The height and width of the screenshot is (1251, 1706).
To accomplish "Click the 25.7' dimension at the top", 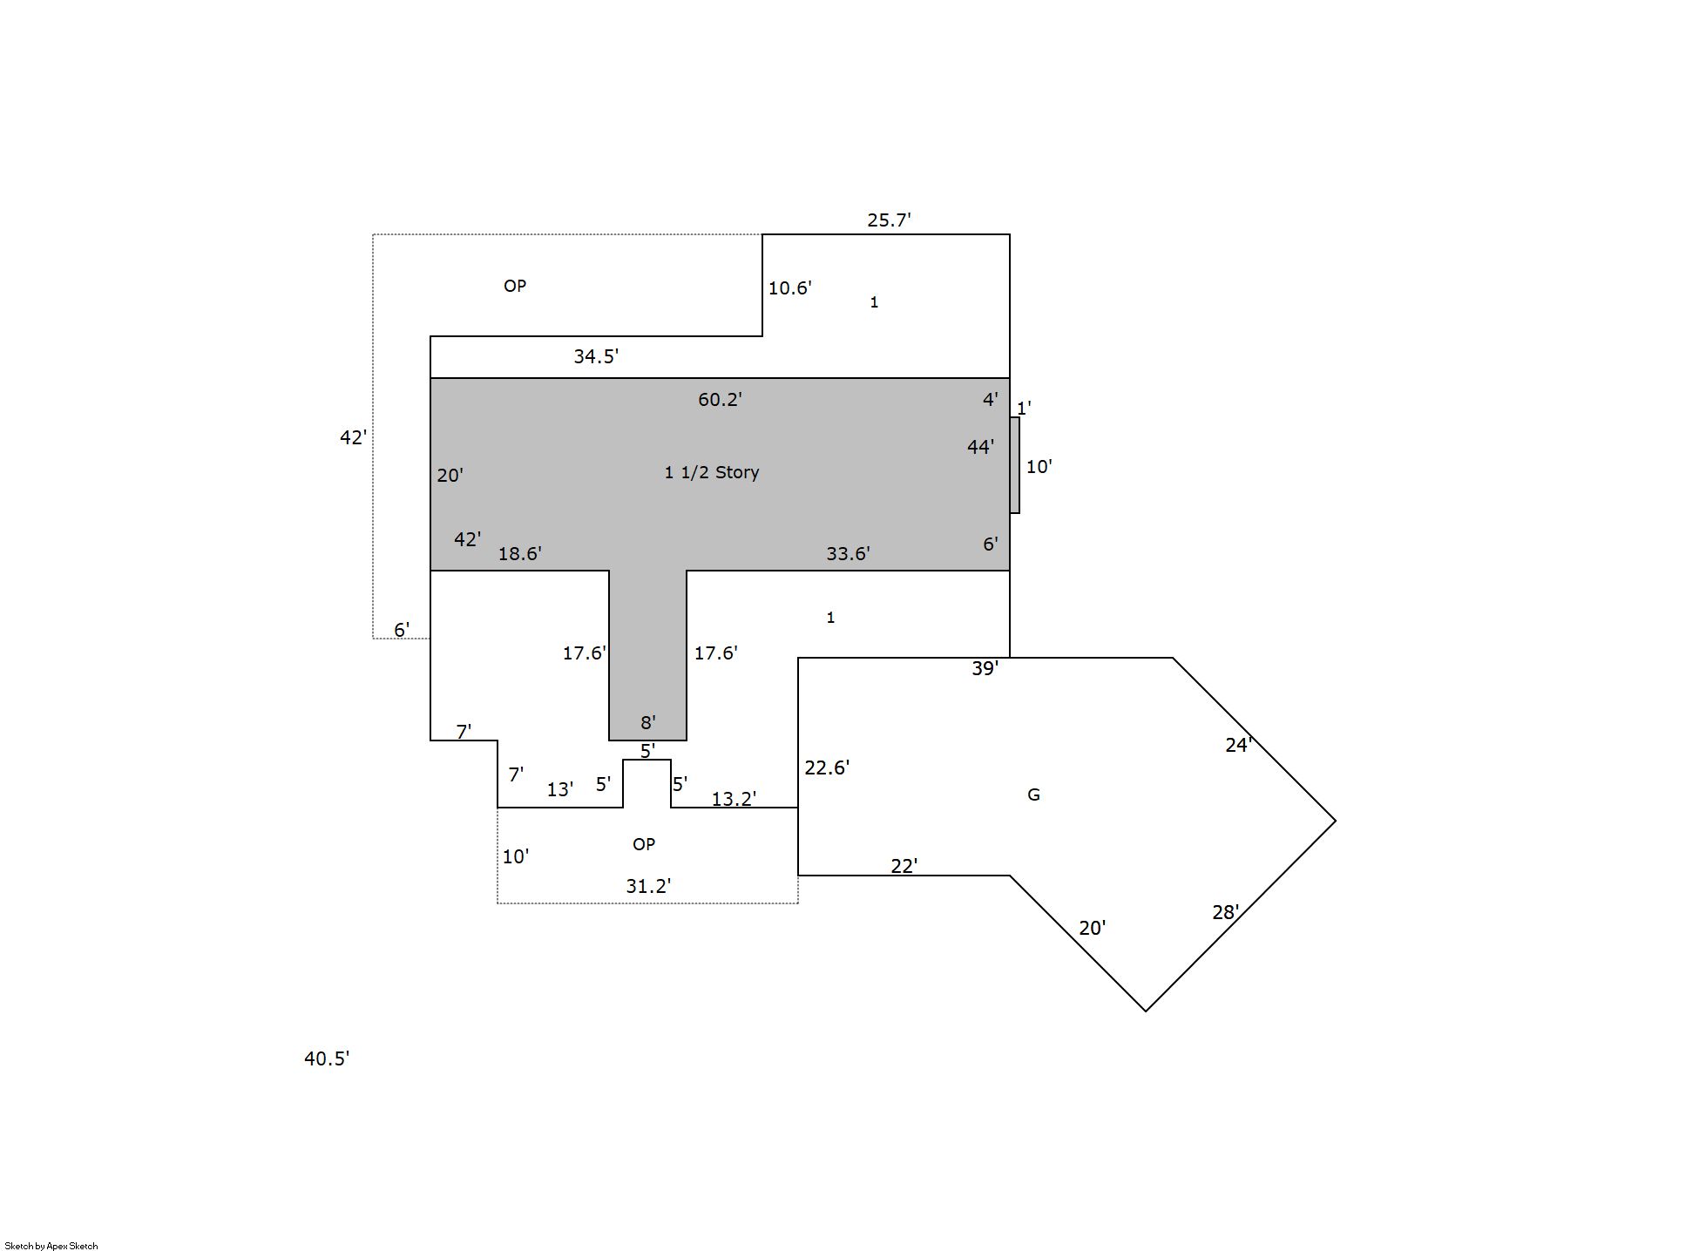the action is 889,220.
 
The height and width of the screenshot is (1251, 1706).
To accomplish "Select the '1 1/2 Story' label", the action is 712,472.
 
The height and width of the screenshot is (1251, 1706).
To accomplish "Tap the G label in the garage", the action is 1033,795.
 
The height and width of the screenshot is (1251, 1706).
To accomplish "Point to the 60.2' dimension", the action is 720,399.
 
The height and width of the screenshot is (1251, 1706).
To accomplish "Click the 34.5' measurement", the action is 596,355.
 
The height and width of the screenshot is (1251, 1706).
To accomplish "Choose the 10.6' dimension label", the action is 789,287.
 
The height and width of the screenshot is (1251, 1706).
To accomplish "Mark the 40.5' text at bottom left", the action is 327,1058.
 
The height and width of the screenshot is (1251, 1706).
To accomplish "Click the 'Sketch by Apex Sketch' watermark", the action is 51,1246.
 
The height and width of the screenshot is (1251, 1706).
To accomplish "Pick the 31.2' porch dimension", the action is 648,886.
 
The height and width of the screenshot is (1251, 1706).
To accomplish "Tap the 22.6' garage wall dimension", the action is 827,768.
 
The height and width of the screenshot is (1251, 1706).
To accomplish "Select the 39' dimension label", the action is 985,668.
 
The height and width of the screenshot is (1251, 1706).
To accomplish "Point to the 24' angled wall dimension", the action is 1238,745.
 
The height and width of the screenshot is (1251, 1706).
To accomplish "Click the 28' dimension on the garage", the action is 1225,912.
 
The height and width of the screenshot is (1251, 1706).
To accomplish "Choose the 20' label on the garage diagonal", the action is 1092,928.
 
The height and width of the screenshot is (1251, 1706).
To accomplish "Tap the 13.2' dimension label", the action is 734,799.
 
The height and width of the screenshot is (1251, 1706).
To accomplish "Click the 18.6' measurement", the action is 519,553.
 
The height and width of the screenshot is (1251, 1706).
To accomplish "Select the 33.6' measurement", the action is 848,553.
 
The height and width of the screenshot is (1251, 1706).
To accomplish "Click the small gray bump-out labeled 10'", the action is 1015,465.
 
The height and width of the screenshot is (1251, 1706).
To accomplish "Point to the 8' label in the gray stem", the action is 648,722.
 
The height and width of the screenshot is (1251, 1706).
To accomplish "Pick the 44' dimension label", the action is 980,447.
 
